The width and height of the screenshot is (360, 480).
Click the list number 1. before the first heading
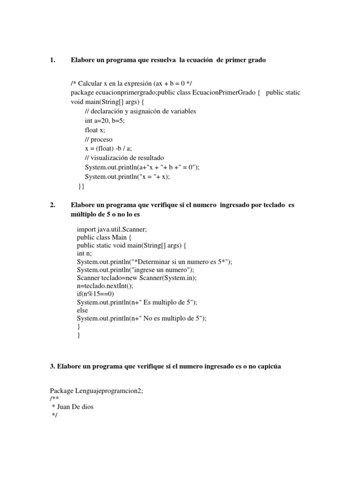coord(52,60)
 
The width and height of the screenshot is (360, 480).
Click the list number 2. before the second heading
coord(52,205)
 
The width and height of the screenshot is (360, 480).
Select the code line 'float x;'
coord(95,130)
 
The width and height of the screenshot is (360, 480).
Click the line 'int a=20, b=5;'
coord(105,120)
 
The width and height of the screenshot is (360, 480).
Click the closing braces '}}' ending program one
coord(82,186)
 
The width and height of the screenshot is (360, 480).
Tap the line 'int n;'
coord(85,254)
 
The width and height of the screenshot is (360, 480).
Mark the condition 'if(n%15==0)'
coord(96,294)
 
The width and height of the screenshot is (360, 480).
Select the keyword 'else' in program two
coord(82,310)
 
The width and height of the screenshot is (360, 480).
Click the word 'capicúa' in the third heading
coord(268,367)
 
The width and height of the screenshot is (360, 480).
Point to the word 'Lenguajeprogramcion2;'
coord(108,391)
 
